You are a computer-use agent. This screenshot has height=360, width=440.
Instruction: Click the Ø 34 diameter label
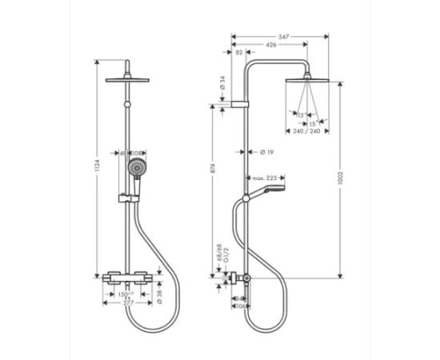pyautogui.click(x=221, y=82)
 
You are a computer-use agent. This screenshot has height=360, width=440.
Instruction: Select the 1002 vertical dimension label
pyautogui.click(x=341, y=178)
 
